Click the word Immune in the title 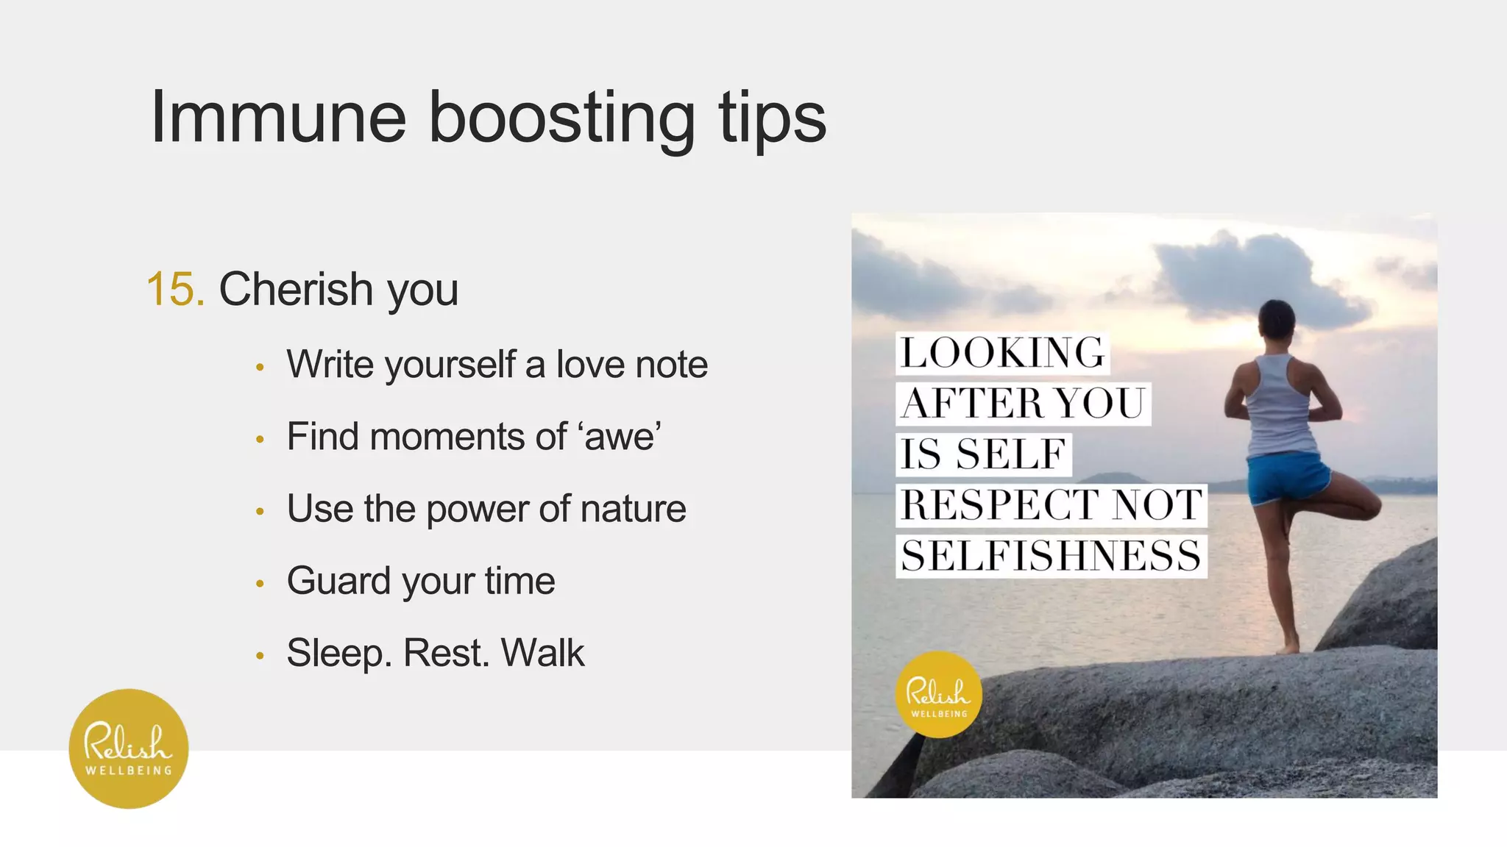278,118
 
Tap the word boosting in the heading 561,119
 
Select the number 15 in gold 175,289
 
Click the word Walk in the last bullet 542,653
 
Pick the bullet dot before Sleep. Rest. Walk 260,655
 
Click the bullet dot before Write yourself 260,366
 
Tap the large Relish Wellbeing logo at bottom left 129,748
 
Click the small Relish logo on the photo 938,694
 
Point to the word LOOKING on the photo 1002,353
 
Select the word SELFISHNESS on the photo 1051,556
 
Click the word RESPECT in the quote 1001,505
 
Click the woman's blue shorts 1288,476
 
